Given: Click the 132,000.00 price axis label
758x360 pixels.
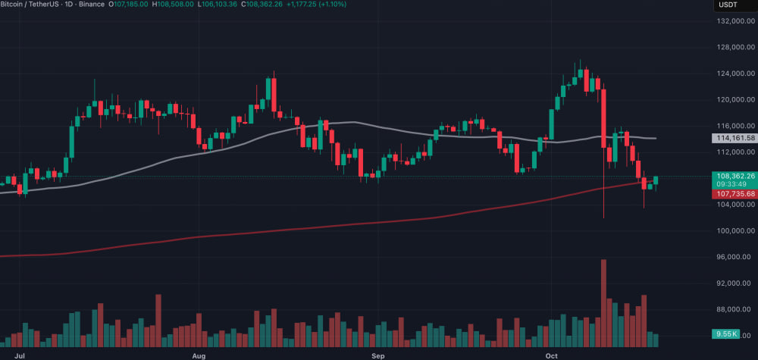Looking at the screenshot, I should coord(735,21).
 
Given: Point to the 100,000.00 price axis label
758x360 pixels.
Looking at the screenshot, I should coord(735,231).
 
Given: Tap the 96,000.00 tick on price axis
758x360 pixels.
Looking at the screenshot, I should coord(735,257).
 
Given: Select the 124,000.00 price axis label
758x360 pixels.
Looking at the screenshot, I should coord(735,74).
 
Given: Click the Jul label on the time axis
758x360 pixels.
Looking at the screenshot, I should coord(20,354).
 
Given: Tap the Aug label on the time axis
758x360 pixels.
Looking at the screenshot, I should coord(199,354).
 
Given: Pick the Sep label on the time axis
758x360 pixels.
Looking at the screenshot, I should coord(378,354).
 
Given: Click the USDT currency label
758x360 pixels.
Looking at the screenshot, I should coord(728,5).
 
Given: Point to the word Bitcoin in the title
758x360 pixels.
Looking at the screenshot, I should coord(14,5).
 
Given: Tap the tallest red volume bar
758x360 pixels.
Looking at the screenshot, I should coord(603,303).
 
